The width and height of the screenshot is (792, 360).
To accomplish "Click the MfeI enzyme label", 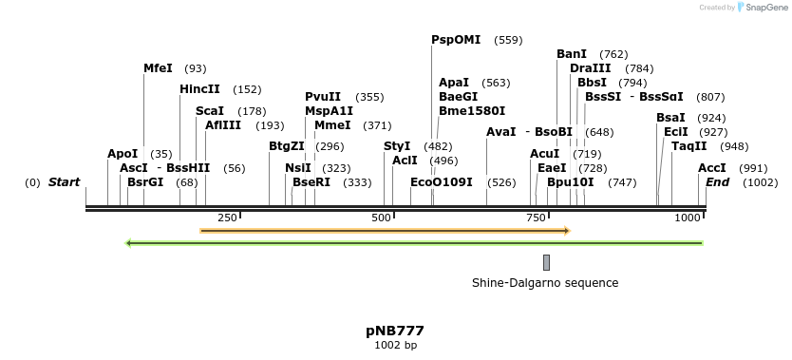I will tap(158, 68).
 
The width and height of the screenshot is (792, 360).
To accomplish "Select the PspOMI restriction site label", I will tap(456, 40).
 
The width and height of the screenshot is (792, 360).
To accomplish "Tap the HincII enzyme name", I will tap(199, 89).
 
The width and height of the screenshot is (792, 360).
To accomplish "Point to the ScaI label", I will tap(210, 111).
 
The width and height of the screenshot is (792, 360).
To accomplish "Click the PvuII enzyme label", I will tap(323, 97).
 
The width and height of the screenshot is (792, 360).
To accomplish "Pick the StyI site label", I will tap(397, 146).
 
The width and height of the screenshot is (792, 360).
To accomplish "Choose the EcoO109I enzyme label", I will tap(442, 181).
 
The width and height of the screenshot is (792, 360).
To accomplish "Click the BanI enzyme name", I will tap(572, 54).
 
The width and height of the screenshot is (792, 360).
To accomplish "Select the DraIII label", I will tap(591, 68).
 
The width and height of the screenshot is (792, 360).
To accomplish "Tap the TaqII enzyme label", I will tap(689, 146).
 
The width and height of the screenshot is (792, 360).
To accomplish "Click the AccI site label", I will tap(712, 168).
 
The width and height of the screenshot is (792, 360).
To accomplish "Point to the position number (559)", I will tap(509, 40).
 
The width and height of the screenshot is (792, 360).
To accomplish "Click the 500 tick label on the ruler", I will tap(381, 218).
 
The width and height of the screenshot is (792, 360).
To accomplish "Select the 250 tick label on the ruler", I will tap(227, 218).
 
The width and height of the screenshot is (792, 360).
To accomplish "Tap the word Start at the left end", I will tap(64, 181).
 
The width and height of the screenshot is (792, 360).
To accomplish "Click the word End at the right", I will tap(717, 181).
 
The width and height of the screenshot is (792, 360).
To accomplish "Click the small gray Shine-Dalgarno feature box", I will tap(546, 262).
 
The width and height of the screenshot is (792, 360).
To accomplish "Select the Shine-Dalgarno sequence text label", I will tap(545, 283).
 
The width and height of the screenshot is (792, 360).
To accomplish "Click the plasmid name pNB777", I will tap(395, 331).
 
